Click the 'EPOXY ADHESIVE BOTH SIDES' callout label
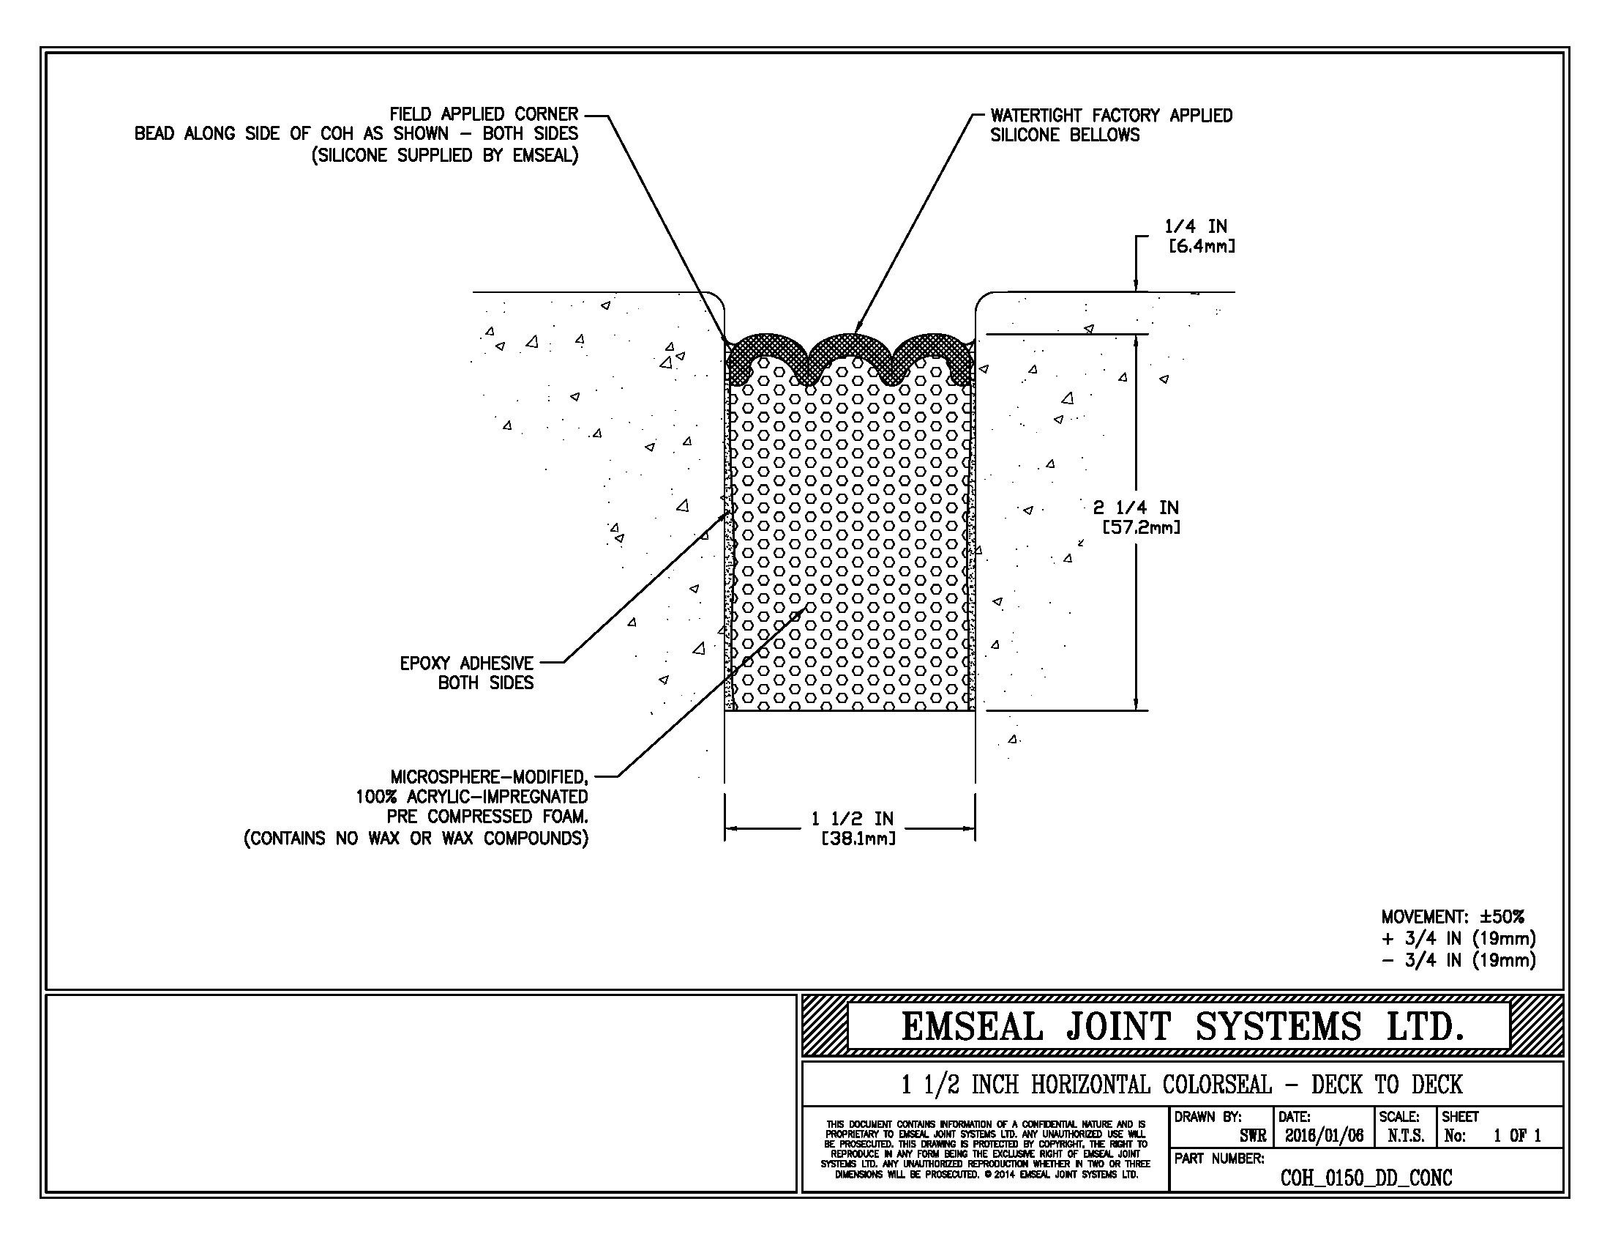tap(467, 672)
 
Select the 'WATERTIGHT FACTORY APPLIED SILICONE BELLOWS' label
tap(1111, 125)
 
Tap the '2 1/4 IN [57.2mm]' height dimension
tap(1136, 517)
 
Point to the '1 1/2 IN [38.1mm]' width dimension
tap(853, 828)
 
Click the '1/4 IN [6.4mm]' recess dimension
tap(1199, 236)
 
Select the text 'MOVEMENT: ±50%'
tap(1452, 917)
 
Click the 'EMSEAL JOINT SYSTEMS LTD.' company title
tap(1182, 1026)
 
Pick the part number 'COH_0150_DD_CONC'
tap(1366, 1178)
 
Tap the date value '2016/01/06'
tap(1324, 1136)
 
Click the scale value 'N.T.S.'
tap(1405, 1136)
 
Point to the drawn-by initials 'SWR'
tap(1252, 1136)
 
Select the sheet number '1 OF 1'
tap(1517, 1136)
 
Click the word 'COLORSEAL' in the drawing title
tap(1217, 1084)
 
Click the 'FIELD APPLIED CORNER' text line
tap(484, 114)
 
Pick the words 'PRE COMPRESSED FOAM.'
tap(487, 817)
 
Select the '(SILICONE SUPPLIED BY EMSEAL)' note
tap(444, 155)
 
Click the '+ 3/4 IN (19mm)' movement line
tap(1458, 938)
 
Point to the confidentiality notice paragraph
tap(986, 1149)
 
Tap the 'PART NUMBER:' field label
tap(1219, 1159)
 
